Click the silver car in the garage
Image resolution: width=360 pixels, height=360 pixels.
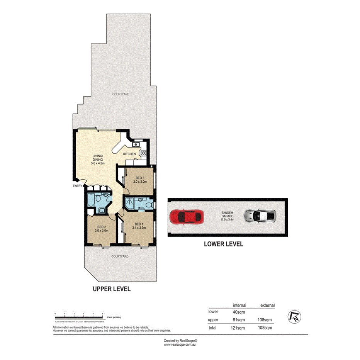(x=260, y=216)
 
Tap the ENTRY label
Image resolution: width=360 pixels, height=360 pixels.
(x=77, y=186)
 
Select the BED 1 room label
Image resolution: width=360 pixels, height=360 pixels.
(x=139, y=226)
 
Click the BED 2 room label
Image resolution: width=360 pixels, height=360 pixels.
(x=101, y=229)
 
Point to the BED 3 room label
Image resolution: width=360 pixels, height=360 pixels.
(x=139, y=180)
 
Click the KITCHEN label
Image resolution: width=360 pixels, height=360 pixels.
(x=129, y=154)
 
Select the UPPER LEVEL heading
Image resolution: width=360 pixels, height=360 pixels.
(x=111, y=289)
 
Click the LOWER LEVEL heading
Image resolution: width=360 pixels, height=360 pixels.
(x=223, y=244)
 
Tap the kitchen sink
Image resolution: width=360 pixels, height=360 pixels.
(x=136, y=144)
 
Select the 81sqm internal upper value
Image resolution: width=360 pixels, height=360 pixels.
(x=238, y=319)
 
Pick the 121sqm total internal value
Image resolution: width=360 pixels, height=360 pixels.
(x=238, y=328)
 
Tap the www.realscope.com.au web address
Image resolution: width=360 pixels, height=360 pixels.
(x=180, y=345)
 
